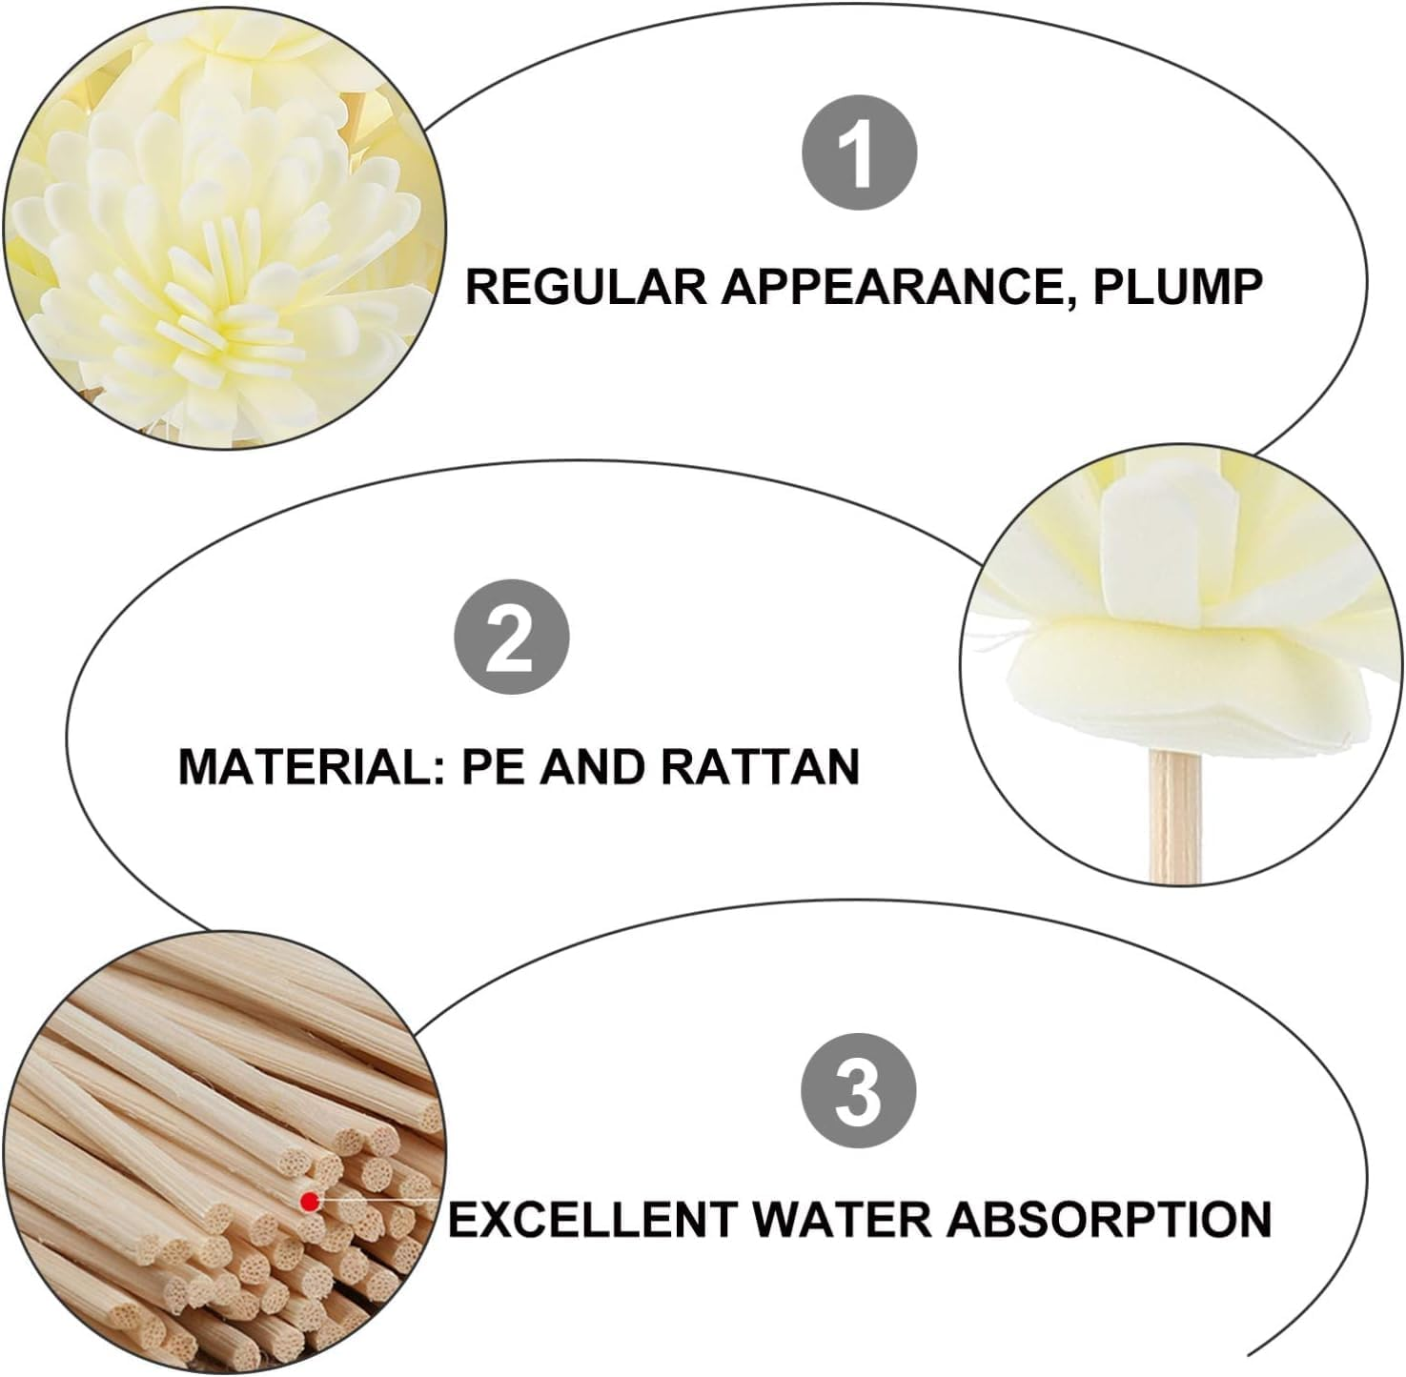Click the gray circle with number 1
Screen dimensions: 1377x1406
click(x=859, y=152)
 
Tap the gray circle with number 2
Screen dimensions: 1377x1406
click(x=511, y=637)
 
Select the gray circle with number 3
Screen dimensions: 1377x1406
click(x=858, y=1091)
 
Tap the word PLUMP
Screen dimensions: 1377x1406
click(x=1177, y=286)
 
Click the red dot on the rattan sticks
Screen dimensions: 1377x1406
click(x=309, y=1203)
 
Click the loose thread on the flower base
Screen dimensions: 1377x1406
click(x=991, y=640)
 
